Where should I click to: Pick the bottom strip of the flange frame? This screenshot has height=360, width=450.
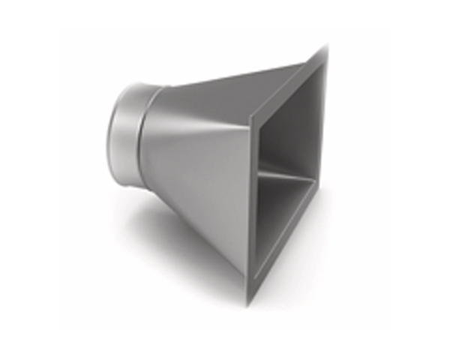coord(289,259)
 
